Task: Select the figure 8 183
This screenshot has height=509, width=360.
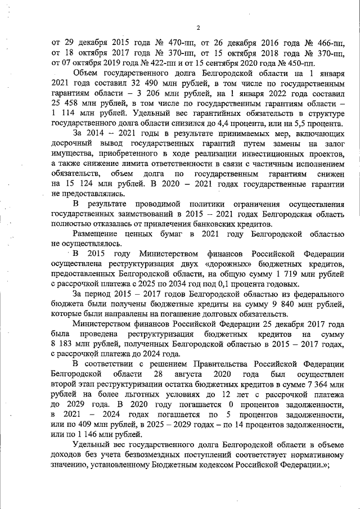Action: point(64,344)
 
